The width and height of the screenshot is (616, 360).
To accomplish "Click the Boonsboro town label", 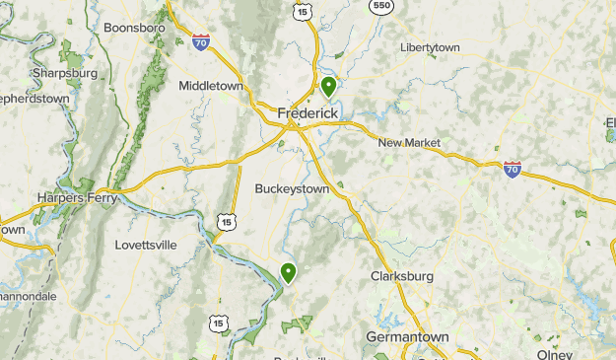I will click(133, 29).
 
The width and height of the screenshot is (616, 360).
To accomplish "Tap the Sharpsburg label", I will click(64, 73).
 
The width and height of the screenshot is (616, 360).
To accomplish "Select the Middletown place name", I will click(211, 86).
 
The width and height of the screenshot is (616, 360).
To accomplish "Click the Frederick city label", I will click(308, 113).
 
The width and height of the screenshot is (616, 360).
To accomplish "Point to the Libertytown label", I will click(432, 47).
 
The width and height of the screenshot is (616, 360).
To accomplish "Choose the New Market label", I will click(409, 143).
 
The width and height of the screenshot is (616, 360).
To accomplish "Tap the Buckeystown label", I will click(291, 188).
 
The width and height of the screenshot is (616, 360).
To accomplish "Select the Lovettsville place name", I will click(145, 244).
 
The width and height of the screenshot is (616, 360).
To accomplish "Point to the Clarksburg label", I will click(402, 276).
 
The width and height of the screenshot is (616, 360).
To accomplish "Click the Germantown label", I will click(407, 336).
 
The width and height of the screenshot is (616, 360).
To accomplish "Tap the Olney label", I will click(554, 355).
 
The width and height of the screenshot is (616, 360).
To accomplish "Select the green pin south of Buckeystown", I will click(289, 272).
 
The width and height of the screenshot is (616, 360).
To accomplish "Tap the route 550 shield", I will click(381, 5).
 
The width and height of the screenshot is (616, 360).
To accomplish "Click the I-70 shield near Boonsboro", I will click(201, 42).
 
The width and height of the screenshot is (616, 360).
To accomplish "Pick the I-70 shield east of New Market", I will click(512, 170).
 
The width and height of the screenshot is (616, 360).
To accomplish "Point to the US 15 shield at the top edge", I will click(301, 9).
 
